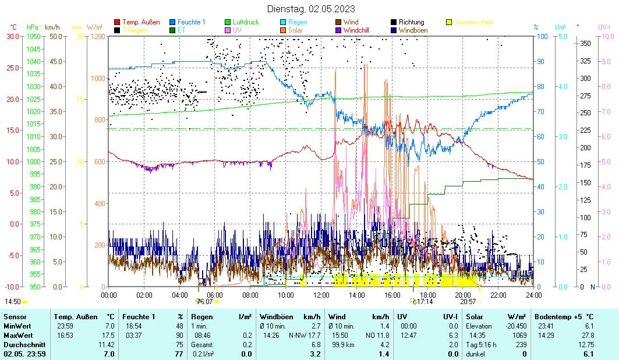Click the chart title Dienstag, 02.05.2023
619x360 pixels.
coord(311,9)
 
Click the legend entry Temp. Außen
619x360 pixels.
coord(140,22)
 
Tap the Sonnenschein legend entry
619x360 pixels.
coord(473,22)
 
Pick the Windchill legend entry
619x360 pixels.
coord(359,30)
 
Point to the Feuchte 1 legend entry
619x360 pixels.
coord(191,22)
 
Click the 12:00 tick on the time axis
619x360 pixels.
coord(321,295)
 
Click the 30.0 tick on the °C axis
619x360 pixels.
coord(13,36)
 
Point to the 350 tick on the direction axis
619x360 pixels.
coord(585,43)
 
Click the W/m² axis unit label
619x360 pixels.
coord(94,27)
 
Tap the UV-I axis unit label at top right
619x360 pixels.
coord(604,27)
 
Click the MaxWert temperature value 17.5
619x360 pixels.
coord(109,335)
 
